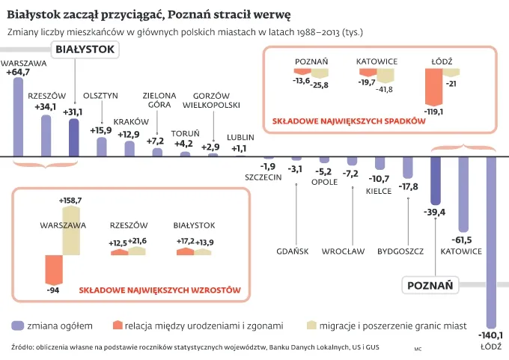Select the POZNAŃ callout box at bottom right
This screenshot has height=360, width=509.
[430, 285]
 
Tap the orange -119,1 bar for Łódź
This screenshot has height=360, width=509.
[433, 87]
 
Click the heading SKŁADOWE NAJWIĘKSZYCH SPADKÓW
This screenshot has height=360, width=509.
[344, 120]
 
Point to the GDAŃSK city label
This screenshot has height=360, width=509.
[292, 251]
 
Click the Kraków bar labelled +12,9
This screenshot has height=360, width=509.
[129, 149]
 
